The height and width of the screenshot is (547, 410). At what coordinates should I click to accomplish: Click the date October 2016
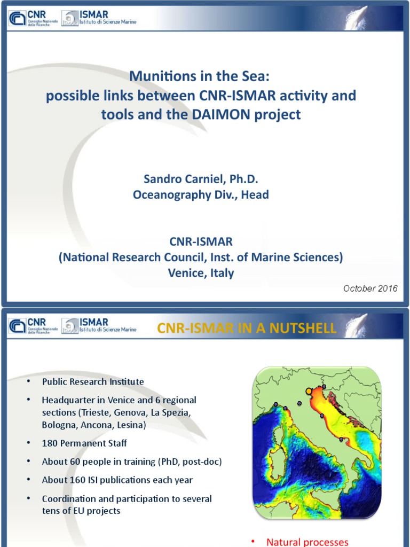370,288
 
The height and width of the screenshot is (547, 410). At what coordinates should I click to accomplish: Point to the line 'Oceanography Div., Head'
201,194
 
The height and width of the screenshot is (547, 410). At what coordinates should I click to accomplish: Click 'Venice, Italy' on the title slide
201,272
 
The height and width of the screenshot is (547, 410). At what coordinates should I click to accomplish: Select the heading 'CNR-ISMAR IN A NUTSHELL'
247,328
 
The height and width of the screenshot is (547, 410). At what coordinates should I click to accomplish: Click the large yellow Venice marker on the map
309,392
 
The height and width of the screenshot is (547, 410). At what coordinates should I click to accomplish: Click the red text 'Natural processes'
307,542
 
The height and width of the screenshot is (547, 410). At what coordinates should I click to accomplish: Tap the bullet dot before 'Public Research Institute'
28,382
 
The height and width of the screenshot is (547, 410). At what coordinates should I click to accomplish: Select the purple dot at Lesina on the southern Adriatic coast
341,439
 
